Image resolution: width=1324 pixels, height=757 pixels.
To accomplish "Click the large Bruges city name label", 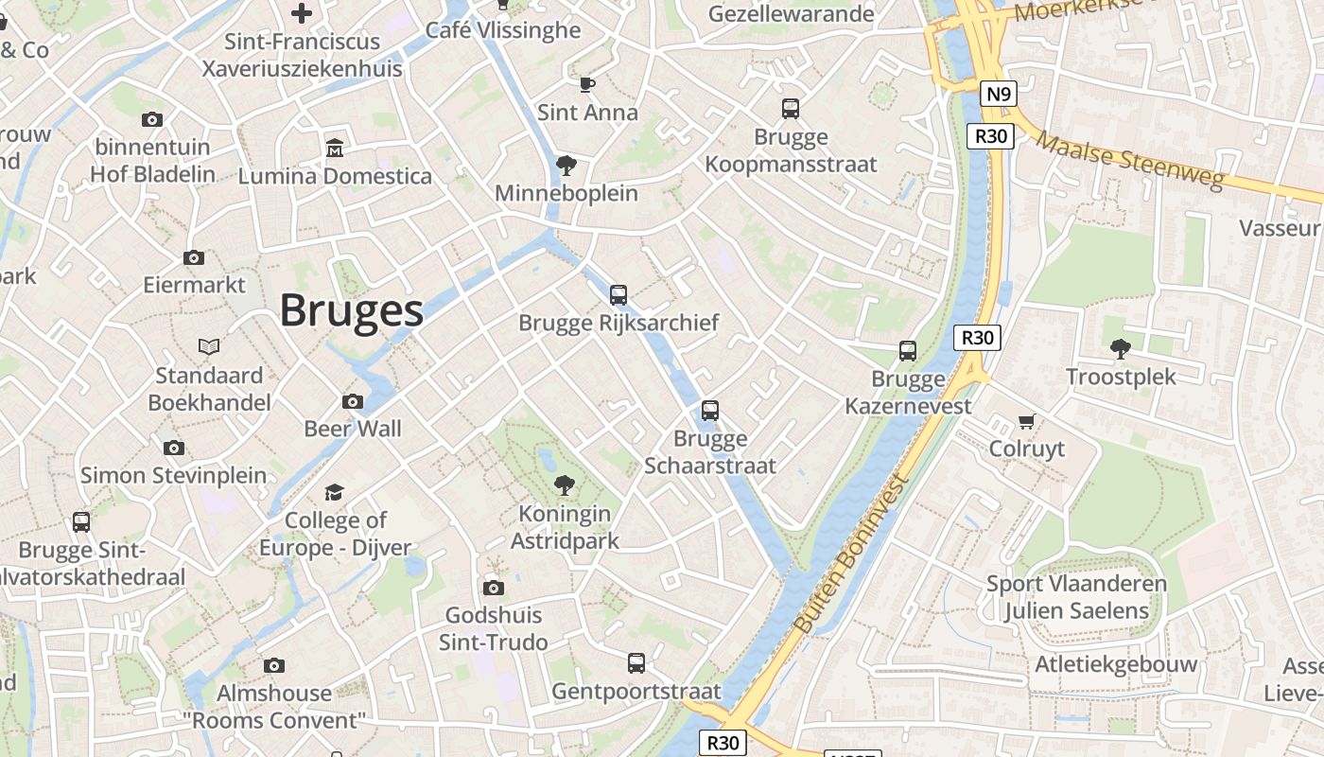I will click(x=351, y=310).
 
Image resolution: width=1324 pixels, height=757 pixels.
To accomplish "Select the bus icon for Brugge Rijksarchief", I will click(x=618, y=295).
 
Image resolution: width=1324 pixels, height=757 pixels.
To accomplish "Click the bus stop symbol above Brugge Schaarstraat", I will click(x=710, y=411).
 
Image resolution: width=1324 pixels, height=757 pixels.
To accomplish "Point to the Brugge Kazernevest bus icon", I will click(x=908, y=351).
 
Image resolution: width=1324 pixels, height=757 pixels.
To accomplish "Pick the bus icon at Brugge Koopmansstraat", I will click(x=791, y=109).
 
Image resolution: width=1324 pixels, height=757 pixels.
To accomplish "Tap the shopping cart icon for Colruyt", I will click(x=1027, y=421).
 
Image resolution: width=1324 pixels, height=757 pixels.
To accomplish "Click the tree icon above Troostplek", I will click(x=1121, y=349).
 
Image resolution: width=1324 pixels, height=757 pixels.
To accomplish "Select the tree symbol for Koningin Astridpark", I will click(x=565, y=486).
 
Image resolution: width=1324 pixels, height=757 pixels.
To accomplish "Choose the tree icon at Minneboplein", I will click(x=566, y=166).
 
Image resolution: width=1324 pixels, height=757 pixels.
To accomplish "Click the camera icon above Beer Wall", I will click(x=353, y=401).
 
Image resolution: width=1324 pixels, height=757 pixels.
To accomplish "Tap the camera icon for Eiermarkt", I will click(x=194, y=257).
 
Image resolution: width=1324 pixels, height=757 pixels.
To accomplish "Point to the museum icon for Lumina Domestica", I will click(x=335, y=149).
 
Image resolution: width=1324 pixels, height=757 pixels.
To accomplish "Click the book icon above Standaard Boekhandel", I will click(x=209, y=347).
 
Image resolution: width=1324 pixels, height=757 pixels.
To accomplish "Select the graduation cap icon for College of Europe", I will click(x=335, y=492).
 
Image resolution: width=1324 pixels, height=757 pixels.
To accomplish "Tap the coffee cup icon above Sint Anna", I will click(x=587, y=85).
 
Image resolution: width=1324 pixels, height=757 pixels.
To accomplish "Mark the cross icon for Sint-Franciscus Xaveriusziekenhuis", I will click(x=302, y=13).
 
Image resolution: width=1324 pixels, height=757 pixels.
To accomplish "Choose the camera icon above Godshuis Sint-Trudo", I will click(x=493, y=589).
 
